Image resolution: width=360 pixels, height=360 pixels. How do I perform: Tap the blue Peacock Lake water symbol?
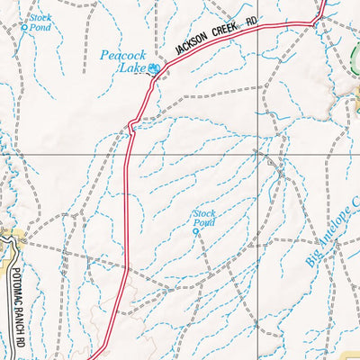pyautogui.click(x=154, y=68)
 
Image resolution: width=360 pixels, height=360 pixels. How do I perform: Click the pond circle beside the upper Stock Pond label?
pyautogui.click(x=24, y=28)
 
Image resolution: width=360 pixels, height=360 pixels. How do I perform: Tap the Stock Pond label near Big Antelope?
pyautogui.click(x=204, y=217)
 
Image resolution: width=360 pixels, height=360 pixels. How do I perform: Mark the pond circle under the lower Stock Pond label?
pyautogui.click(x=195, y=230)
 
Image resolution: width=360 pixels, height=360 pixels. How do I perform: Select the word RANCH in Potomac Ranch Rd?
pyautogui.click(x=18, y=318)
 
